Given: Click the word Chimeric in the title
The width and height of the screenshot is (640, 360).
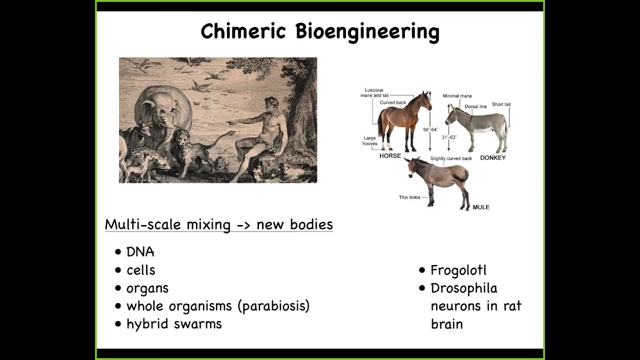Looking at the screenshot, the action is pyautogui.click(x=243, y=31).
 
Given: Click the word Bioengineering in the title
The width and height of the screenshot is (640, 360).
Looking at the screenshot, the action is pyautogui.click(x=367, y=32).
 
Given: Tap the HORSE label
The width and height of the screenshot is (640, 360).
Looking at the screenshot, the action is pyautogui.click(x=390, y=155).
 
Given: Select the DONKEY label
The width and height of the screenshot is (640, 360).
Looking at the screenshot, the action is pyautogui.click(x=493, y=157).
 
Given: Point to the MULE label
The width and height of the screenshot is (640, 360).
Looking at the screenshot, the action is pyautogui.click(x=481, y=207).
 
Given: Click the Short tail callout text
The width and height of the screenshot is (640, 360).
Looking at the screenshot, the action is pyautogui.click(x=501, y=104).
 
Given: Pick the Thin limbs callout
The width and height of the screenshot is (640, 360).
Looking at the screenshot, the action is pyautogui.click(x=409, y=197).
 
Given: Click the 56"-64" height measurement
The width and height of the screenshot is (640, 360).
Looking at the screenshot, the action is pyautogui.click(x=430, y=129).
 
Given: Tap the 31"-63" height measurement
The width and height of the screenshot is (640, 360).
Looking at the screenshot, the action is pyautogui.click(x=449, y=137).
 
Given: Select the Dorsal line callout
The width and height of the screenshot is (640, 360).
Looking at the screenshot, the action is pyautogui.click(x=475, y=106).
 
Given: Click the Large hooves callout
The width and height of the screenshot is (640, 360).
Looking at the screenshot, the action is pyautogui.click(x=369, y=140).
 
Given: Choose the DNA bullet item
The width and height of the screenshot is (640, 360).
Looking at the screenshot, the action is pyautogui.click(x=140, y=252).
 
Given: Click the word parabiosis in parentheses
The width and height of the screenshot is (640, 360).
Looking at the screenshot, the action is pyautogui.click(x=273, y=306).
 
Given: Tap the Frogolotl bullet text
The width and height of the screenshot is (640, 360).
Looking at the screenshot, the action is pyautogui.click(x=458, y=270).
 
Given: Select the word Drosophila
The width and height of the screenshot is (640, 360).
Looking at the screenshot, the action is pyautogui.click(x=464, y=288).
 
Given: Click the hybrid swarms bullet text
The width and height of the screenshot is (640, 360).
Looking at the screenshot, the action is pyautogui.click(x=174, y=324).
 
